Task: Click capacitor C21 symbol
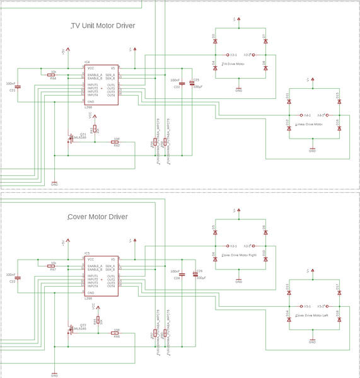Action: click(18, 86)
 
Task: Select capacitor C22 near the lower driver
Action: click(18, 278)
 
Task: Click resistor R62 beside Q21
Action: click(116, 142)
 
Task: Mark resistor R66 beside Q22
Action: click(116, 334)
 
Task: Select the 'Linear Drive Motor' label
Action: click(308, 124)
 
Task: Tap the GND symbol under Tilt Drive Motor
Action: click(239, 88)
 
